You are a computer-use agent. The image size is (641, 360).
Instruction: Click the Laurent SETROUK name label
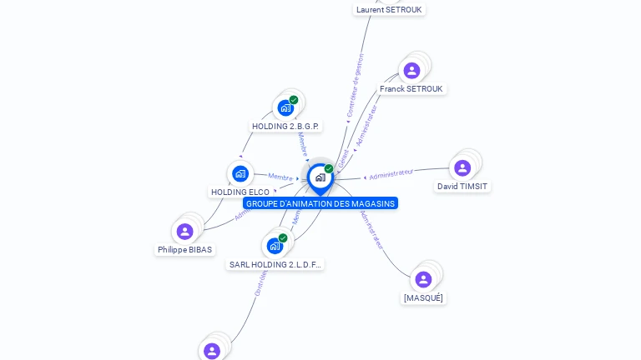390,10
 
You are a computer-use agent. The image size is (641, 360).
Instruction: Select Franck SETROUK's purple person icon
411,71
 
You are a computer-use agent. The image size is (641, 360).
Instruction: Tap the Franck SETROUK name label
411,89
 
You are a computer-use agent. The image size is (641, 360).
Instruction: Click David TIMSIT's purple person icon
462,168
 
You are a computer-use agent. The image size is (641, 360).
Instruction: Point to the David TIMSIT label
462,187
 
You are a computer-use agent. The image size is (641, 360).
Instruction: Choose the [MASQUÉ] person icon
423,279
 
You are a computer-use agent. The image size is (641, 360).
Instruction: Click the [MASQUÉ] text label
423,298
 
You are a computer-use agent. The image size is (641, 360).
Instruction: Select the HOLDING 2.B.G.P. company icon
285,108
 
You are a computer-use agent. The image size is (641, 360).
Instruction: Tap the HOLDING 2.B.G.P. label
285,127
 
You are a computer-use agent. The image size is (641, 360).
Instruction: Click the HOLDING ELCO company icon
240,173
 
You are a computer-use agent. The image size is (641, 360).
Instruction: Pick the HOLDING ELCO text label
240,192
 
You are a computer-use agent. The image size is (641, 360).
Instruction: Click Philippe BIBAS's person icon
185,231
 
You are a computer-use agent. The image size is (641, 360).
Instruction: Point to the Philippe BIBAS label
185,250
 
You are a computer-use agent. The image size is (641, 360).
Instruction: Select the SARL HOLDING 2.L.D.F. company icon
275,246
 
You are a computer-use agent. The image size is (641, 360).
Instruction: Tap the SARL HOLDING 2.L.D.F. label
275,265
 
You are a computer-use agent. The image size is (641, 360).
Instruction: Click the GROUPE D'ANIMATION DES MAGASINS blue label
320,204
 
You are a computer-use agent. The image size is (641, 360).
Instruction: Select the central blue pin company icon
320,177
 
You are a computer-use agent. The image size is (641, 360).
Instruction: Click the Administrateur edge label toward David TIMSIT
391,173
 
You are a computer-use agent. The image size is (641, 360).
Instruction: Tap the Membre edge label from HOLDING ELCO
280,177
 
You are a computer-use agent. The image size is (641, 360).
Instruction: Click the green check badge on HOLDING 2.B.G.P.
294,100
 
